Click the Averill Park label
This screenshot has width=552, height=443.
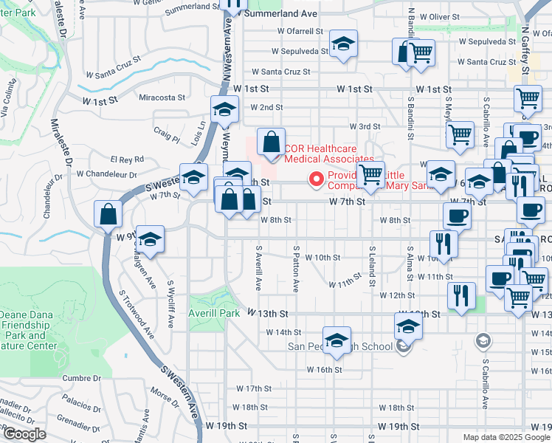coord(215,313)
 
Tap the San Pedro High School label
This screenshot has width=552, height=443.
coord(339,346)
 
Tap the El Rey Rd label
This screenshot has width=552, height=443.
coord(127,159)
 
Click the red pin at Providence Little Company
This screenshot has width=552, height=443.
coord(317,179)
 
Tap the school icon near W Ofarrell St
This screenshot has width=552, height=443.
coord(343,44)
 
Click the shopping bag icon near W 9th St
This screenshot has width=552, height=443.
coord(108,215)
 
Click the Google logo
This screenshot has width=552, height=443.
coord(24,434)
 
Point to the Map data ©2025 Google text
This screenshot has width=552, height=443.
coord(505,437)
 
